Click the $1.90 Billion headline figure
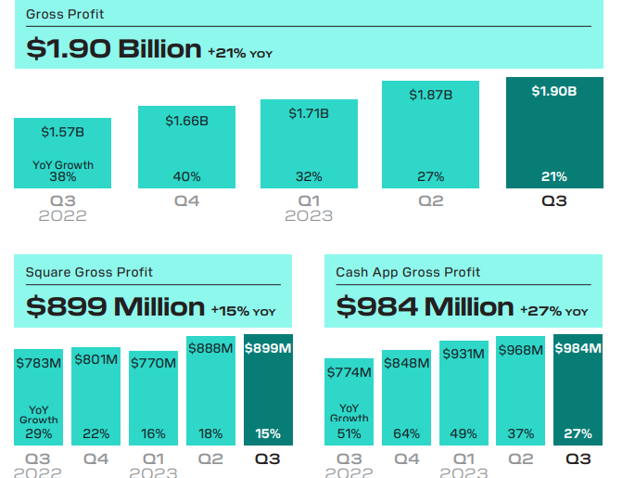[x=113, y=48]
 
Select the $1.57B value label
[x=62, y=133]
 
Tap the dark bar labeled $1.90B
[x=554, y=133]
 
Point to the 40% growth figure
[x=186, y=176]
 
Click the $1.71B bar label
[x=309, y=113]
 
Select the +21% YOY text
[x=240, y=52]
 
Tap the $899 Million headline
[x=115, y=306]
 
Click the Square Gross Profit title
[x=89, y=272]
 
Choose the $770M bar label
[x=153, y=363]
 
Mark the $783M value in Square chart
[x=39, y=363]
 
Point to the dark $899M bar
[x=268, y=390]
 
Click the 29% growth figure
[x=39, y=433]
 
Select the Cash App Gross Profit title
[x=408, y=272]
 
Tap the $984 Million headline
[x=425, y=306]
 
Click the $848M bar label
[x=406, y=363]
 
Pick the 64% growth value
[x=406, y=433]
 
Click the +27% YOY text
[x=553, y=310]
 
